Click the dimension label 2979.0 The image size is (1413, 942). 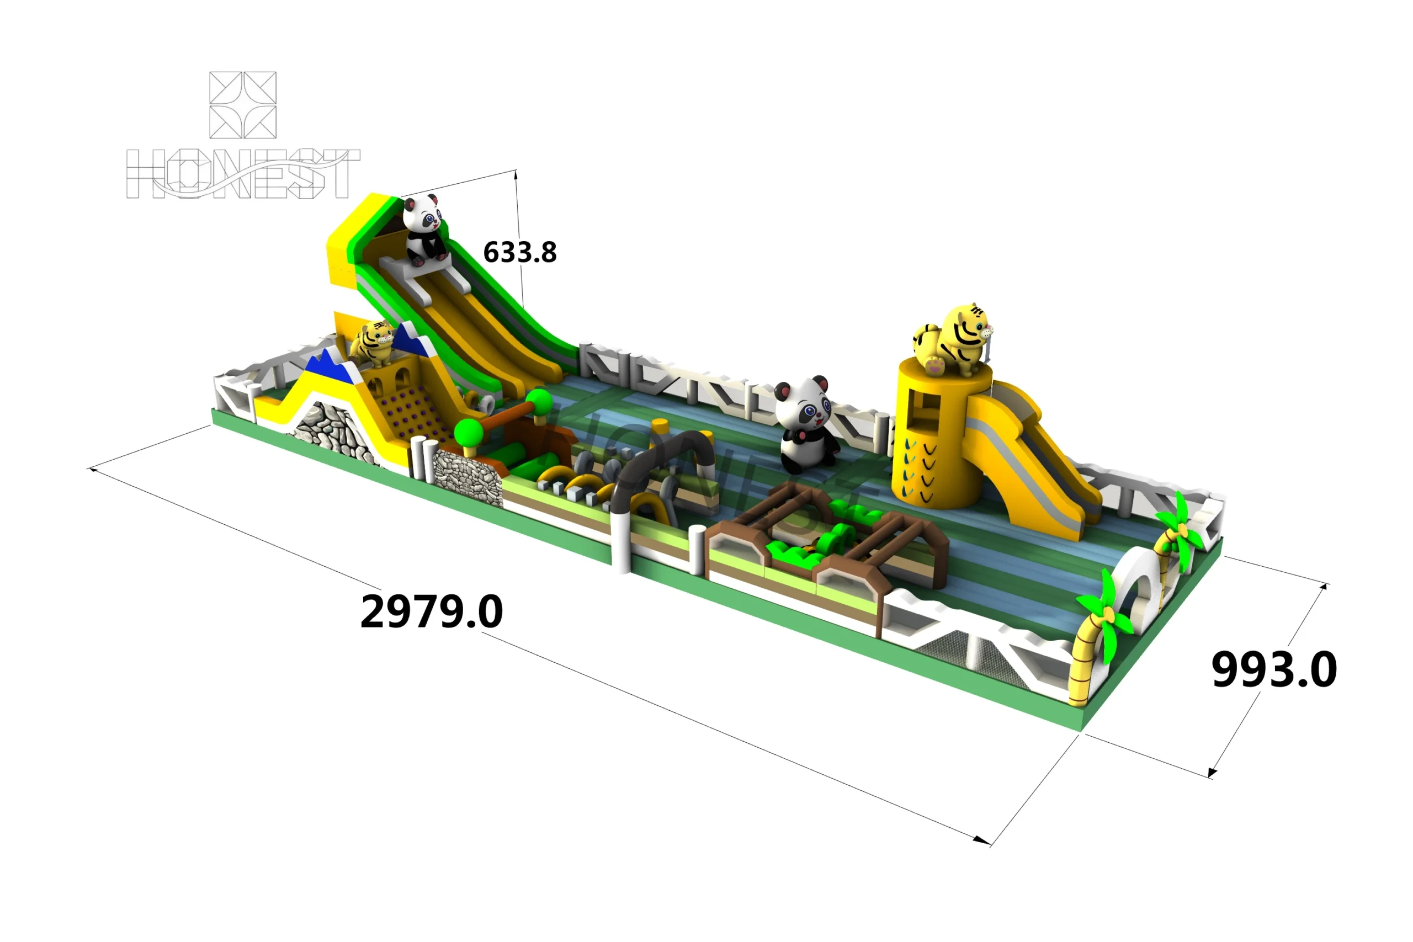point(431,611)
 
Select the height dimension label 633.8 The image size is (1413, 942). point(520,252)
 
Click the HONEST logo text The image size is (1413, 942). point(243,174)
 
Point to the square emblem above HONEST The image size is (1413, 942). point(243,105)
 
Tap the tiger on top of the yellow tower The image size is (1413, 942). point(953,340)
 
